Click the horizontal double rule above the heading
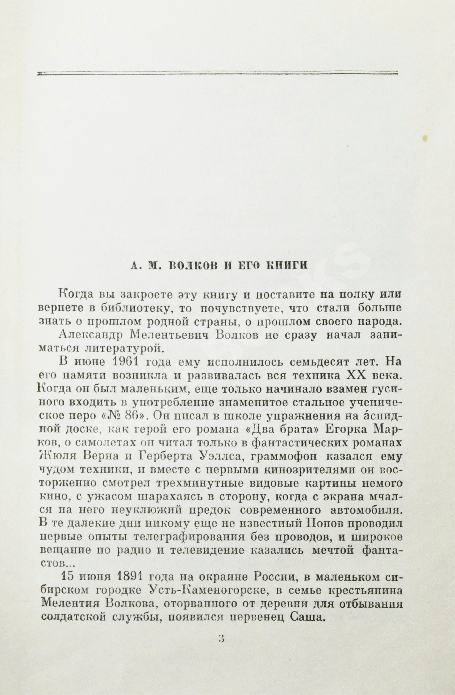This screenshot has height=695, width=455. point(217,73)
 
